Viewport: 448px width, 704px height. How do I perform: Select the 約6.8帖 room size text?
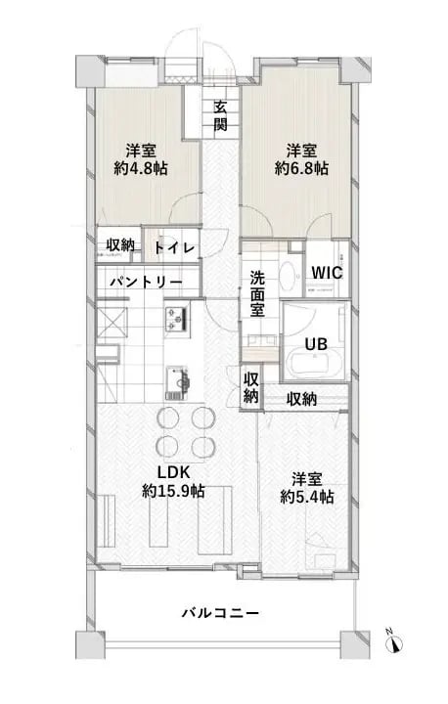301,168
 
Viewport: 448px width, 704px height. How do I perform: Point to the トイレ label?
174,247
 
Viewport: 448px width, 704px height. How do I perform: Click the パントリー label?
145,282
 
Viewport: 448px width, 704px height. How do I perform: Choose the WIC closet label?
326,273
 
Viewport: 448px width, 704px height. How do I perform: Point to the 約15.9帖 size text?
172,490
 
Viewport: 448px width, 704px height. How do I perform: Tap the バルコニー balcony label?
220,613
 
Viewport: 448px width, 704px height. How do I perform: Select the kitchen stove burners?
176,317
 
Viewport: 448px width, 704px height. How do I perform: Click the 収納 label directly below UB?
301,399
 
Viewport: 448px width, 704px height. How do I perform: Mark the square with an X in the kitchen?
111,321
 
